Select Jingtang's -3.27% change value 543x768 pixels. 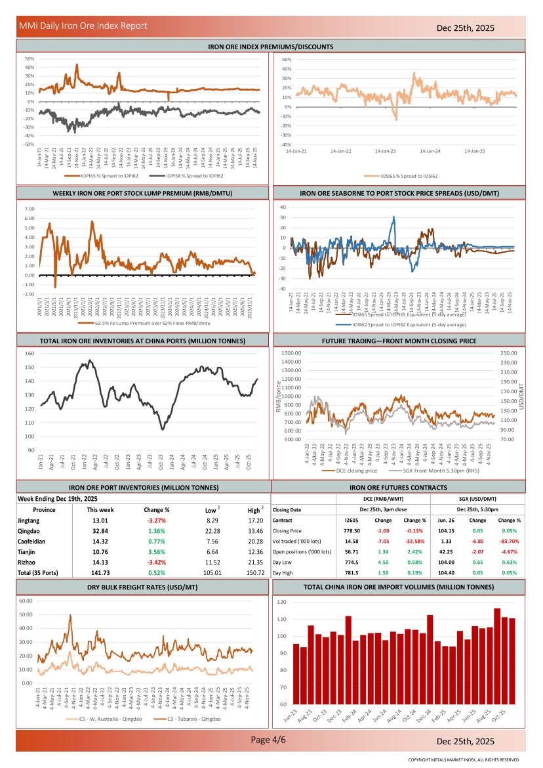(x=157, y=520)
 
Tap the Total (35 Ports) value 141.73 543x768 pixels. (x=100, y=572)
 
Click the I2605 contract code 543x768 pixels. (x=352, y=520)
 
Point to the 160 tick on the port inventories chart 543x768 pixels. (x=30, y=354)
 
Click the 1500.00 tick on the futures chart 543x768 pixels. (x=290, y=354)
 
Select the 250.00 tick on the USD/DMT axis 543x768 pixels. (x=508, y=354)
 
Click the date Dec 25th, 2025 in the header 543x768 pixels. (x=466, y=28)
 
